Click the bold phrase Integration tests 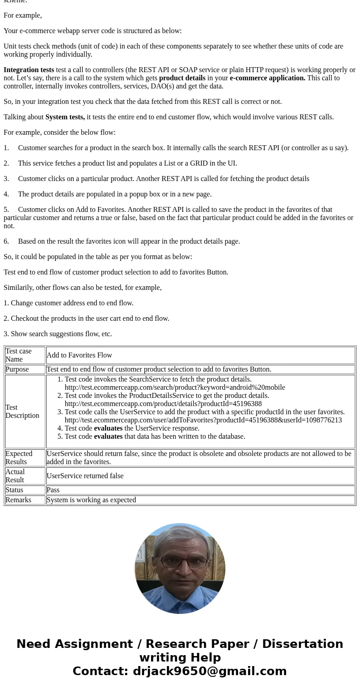coord(29,70)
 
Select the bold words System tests coord(65,117)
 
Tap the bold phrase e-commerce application coord(268,78)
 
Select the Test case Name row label coord(19,355)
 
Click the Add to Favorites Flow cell coord(79,355)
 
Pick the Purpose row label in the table coord(17,369)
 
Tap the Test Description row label coord(22,412)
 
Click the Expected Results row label coord(19,458)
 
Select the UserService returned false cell coord(85,476)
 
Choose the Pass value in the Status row coord(53,490)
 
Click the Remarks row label coord(19,500)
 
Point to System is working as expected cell coord(91,500)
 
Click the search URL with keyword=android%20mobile coord(175,387)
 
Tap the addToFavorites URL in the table coord(203,420)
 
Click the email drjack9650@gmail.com coord(209,671)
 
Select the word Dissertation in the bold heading coord(302,644)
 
